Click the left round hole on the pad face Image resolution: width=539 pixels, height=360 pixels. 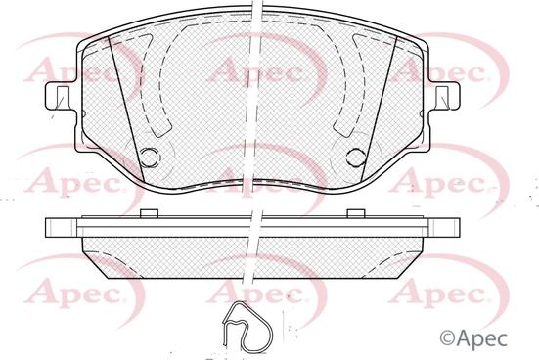(150, 156)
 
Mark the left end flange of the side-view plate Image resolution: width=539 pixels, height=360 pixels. (60, 228)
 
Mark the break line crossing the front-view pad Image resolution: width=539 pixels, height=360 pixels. (256, 98)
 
